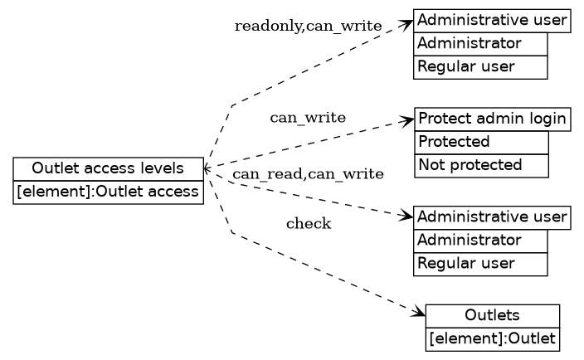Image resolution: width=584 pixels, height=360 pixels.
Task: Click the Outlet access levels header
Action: (108, 169)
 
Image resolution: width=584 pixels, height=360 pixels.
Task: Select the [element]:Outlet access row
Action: (108, 192)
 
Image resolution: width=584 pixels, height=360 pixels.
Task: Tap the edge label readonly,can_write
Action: (308, 27)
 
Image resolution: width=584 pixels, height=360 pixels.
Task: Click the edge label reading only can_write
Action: (308, 118)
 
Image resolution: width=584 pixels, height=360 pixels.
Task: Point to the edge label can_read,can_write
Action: (308, 174)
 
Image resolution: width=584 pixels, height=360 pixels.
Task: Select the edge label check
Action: (309, 224)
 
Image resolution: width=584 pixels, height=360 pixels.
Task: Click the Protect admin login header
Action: (493, 119)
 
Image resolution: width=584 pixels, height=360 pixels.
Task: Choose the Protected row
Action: (481, 142)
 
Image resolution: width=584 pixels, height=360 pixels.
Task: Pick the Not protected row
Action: (481, 165)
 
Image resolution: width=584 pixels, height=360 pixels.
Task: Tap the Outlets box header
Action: (493, 315)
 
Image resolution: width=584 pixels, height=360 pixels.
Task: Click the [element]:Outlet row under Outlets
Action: (493, 338)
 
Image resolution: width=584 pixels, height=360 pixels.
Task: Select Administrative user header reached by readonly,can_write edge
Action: (493, 21)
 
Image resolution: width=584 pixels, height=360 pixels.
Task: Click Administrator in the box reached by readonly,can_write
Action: (480, 43)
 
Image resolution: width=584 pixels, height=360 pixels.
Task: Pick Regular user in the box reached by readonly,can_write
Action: (480, 66)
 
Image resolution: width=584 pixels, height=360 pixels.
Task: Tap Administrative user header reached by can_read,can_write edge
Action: (493, 217)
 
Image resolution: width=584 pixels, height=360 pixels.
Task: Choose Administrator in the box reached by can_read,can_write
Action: (480, 241)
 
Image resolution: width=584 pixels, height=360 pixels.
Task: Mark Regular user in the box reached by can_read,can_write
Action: (480, 264)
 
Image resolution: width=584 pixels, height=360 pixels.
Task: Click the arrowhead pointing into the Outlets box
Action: (420, 314)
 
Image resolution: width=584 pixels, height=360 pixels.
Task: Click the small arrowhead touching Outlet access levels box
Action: (207, 169)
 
